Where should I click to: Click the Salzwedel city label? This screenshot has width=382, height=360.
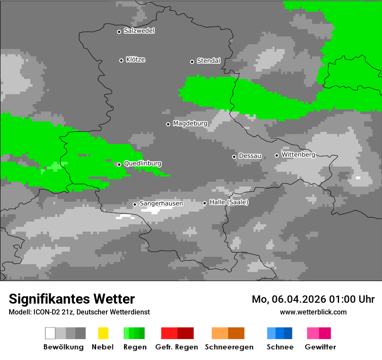pos(139,31)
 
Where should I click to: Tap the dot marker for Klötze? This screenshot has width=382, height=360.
pos(121,60)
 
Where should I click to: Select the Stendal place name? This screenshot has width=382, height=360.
pos(208,61)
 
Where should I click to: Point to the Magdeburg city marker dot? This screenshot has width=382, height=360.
pos(168,124)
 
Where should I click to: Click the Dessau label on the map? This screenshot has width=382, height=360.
pos(250,156)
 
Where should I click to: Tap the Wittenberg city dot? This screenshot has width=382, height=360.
pos(277,155)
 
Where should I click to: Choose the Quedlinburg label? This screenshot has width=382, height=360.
pos(142,164)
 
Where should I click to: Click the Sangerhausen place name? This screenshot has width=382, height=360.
pos(161,203)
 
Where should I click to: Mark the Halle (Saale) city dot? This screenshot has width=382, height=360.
pos(204,203)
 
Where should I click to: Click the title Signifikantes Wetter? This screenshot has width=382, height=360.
pos(72,299)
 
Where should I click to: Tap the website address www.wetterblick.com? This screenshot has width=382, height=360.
pos(313,312)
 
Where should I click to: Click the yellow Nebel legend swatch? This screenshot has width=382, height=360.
pos(103,333)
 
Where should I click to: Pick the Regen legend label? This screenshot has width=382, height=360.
pos(135,347)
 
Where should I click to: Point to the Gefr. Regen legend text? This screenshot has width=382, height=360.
pos(176,347)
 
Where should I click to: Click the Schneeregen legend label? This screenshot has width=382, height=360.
pos(229,347)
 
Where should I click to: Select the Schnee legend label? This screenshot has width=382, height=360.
pos(280,347)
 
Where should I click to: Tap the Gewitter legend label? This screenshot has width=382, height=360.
pos(320,347)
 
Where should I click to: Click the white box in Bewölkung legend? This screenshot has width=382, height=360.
pos(50,333)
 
